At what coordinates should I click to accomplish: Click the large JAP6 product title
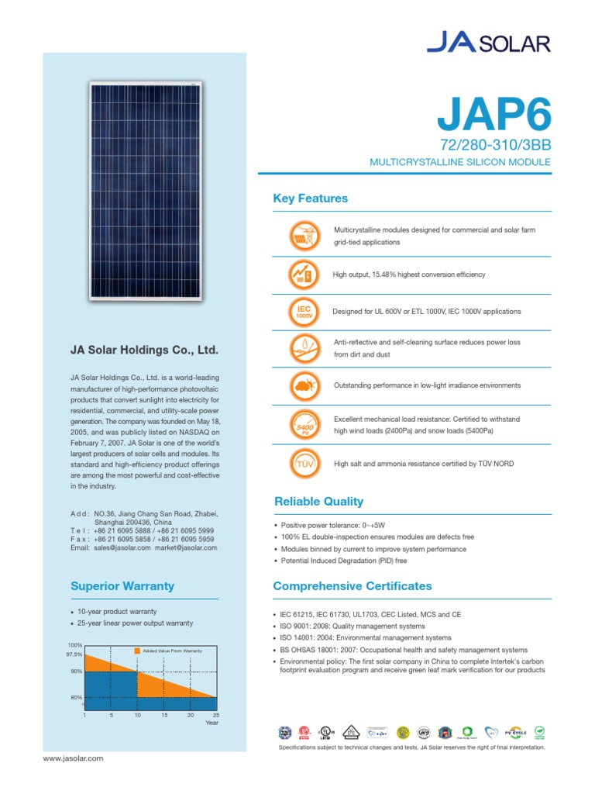(494, 115)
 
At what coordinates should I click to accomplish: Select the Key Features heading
(311, 198)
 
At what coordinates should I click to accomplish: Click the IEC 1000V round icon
(303, 312)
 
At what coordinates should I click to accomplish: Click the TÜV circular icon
(303, 464)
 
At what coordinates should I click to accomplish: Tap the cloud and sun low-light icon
(303, 385)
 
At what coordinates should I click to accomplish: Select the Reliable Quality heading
(318, 501)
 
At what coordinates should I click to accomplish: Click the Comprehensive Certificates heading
(353, 586)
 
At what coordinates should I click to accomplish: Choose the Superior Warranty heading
(122, 586)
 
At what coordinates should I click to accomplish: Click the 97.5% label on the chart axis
(74, 654)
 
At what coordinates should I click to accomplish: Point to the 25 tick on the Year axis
(216, 715)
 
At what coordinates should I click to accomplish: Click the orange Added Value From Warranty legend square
(137, 651)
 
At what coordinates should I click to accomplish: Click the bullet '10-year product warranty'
(119, 612)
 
